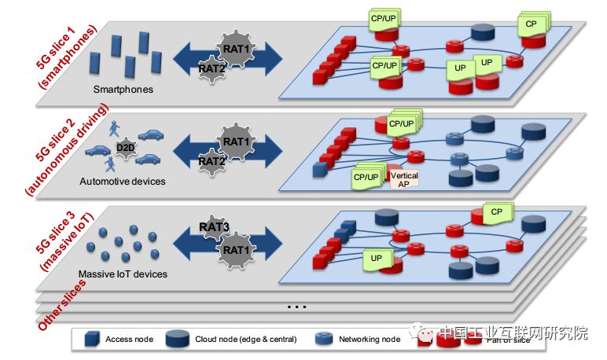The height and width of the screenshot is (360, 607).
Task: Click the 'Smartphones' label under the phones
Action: pos(123,90)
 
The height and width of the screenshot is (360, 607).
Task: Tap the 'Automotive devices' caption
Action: pos(123,182)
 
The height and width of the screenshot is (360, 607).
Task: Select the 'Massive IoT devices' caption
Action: pos(122,274)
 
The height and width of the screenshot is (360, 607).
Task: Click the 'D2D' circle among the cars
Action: pos(125,147)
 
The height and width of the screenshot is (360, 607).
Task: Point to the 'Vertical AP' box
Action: pos(404,179)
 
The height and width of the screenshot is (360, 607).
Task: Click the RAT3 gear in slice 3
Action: pos(214,228)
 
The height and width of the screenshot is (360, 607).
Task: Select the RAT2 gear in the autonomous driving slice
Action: pos(211,161)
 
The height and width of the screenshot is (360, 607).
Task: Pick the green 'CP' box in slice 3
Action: pos(496,212)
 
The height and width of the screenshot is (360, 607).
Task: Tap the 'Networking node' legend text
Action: pos(369,340)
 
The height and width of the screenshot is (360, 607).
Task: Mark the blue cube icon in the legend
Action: pos(91,340)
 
